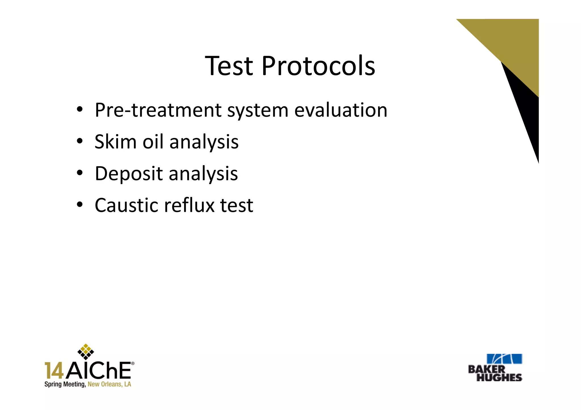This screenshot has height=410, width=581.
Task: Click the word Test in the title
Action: point(229,66)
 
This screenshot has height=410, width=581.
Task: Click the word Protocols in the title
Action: point(318,66)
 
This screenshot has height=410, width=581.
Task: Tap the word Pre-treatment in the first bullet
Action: point(158,110)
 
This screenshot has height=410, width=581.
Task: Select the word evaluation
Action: point(340,110)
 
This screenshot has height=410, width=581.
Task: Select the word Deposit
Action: point(129,174)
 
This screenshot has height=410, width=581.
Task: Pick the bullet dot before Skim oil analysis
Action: point(79,141)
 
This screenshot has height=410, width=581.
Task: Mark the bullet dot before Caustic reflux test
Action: point(79,204)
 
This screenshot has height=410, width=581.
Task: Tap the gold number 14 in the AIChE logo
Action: point(54,371)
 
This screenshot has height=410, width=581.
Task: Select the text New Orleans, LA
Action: point(109,384)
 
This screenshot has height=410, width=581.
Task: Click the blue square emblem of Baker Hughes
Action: point(504,359)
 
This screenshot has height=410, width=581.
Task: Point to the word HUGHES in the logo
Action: point(499,377)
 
